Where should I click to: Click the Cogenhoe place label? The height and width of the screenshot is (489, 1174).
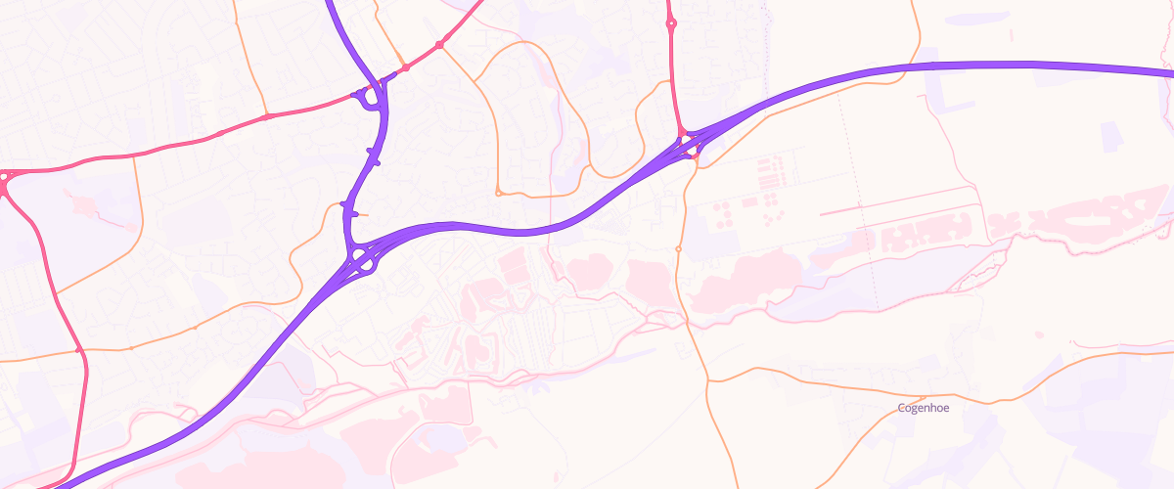pyautogui.click(x=923, y=408)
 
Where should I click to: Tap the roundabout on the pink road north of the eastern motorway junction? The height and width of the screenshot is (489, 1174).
pyautogui.click(x=671, y=24)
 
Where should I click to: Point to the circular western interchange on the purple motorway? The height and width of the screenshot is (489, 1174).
pyautogui.click(x=362, y=259)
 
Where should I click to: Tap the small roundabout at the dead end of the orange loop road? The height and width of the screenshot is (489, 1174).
pyautogui.click(x=498, y=192)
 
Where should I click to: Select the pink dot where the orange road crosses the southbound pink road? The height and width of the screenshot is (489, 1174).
pyautogui.click(x=78, y=349)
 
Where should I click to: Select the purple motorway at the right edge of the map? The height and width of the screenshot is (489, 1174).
pyautogui.click(x=1164, y=71)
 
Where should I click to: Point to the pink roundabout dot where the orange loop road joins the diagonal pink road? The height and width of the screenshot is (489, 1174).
pyautogui.click(x=440, y=45)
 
